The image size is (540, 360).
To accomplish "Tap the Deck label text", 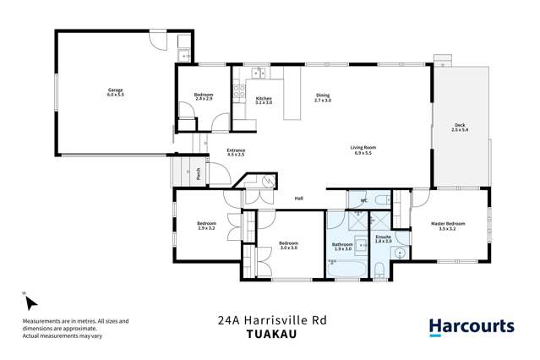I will (x=460, y=128).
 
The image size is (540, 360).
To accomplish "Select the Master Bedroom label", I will (x=448, y=226).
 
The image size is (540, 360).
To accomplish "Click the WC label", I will (x=363, y=200).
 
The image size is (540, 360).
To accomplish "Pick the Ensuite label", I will (x=383, y=238).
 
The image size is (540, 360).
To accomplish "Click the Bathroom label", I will (x=342, y=246).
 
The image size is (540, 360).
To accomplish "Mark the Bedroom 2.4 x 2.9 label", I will (x=203, y=97).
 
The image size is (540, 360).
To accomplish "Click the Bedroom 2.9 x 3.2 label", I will (x=207, y=226).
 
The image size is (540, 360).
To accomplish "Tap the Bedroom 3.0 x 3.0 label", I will (x=290, y=246).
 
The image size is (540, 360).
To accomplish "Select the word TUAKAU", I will (x=271, y=334).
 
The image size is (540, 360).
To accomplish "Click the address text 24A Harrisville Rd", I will (x=271, y=320).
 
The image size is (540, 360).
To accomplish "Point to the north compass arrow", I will (x=26, y=301).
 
